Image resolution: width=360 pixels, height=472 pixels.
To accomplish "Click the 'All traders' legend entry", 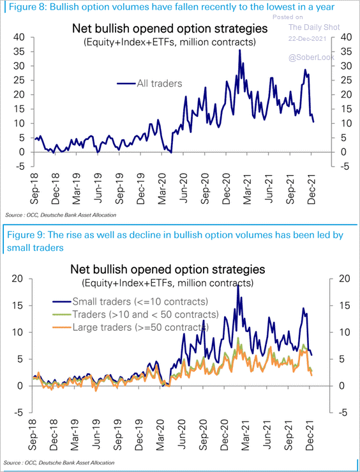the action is click(x=150, y=83).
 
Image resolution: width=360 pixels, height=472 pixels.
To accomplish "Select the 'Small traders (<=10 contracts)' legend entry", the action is click(x=130, y=301).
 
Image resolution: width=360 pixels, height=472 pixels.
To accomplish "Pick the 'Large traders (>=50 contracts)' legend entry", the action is click(x=130, y=326).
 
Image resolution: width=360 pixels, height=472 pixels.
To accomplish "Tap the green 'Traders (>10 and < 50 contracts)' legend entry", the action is click(x=135, y=314).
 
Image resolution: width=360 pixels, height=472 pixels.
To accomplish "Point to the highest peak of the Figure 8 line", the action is click(x=240, y=50).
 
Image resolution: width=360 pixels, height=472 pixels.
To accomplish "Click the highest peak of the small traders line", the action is click(x=238, y=285).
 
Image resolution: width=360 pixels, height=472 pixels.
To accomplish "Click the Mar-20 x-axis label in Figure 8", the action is click(x=162, y=189).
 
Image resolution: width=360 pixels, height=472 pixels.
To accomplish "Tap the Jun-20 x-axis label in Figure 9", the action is click(x=182, y=433).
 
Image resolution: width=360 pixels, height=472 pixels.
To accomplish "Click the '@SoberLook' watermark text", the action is click(x=311, y=57).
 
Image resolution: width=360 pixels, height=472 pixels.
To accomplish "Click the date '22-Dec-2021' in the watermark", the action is click(x=308, y=39).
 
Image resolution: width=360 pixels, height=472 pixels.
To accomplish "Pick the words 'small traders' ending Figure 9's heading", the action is click(x=35, y=248).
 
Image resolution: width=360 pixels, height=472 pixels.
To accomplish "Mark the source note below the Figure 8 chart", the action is click(x=61, y=215).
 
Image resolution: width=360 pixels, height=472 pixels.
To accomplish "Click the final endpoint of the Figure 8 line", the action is click(x=313, y=121).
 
